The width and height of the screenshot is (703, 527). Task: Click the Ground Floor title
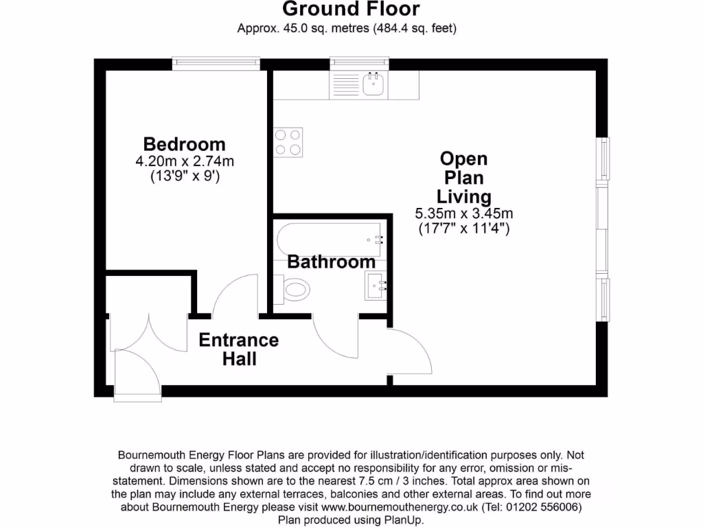(x=351, y=10)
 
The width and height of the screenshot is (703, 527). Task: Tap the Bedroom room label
(x=184, y=144)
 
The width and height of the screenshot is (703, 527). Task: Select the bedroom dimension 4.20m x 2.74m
(x=184, y=162)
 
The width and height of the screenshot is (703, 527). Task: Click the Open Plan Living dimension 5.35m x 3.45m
(x=463, y=213)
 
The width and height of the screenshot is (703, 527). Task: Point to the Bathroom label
(x=331, y=261)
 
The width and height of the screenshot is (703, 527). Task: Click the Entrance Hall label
(x=239, y=349)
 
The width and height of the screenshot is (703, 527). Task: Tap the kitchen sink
(x=373, y=84)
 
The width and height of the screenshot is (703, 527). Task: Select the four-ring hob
(x=289, y=142)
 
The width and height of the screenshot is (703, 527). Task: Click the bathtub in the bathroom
(x=330, y=239)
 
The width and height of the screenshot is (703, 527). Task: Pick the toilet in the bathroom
(x=292, y=288)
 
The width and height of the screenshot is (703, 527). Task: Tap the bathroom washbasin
(x=376, y=284)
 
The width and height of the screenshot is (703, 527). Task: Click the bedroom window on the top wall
(x=216, y=64)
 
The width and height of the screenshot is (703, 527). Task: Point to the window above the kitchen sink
(x=359, y=64)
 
